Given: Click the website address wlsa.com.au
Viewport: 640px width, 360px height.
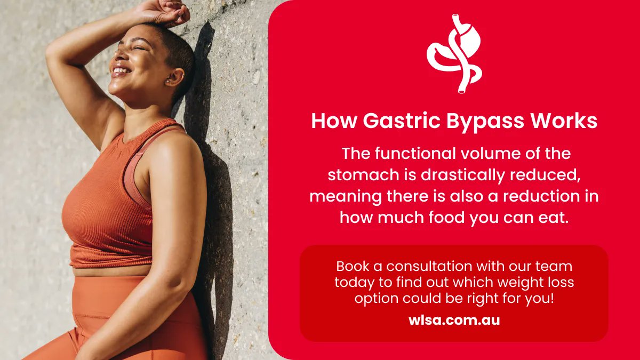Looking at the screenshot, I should click(454, 321).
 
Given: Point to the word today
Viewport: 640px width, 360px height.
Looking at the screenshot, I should click(353, 282).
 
